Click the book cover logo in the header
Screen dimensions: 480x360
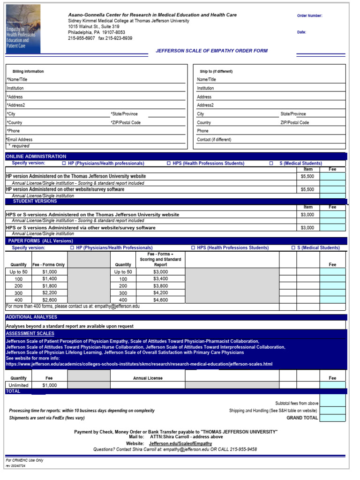tap(23, 29)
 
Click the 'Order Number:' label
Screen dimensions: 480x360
tap(309, 16)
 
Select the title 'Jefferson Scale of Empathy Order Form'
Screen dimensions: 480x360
tap(212, 51)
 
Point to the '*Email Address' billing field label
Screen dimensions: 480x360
tap(19, 140)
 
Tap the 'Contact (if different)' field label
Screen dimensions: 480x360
tap(214, 140)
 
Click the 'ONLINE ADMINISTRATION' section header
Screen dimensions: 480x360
tap(36, 157)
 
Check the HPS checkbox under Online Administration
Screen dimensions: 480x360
tap(169, 164)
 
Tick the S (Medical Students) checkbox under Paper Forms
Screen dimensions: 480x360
tap(293, 248)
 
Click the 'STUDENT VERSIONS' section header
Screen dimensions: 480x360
tap(35, 201)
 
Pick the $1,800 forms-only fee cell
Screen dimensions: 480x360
tap(49, 286)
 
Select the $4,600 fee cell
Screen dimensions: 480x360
tap(160, 300)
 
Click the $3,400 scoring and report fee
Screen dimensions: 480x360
tap(160, 279)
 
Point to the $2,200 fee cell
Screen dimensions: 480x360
tap(49, 293)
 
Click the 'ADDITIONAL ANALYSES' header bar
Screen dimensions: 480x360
tap(31, 317)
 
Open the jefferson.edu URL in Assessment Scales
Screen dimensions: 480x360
tap(139, 364)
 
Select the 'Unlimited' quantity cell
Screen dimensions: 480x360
tap(19, 385)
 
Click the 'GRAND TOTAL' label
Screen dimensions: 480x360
tap(302, 418)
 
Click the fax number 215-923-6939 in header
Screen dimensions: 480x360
tap(115, 38)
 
